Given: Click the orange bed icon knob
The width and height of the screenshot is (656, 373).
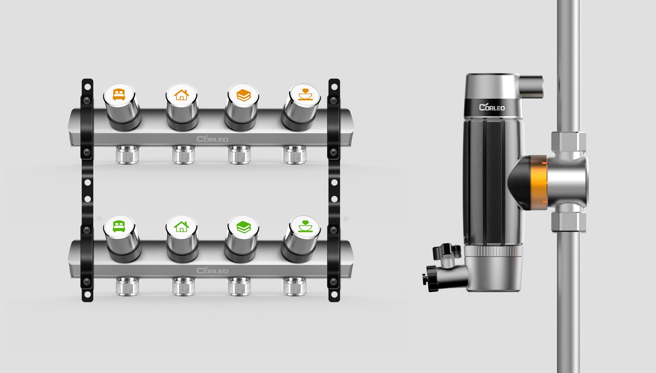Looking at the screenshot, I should tap(119, 94).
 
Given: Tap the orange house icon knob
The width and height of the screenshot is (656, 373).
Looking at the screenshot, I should tap(181, 94).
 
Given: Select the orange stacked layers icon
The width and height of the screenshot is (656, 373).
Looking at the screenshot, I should tap(243, 95).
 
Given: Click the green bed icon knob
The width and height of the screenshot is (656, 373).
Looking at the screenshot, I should tap(119, 226).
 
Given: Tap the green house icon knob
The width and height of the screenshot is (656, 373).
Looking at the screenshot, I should tap(181, 226).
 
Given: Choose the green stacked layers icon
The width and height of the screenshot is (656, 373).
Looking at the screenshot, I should tap(243, 227).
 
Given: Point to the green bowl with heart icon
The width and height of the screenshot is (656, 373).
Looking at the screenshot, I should tap(305, 226).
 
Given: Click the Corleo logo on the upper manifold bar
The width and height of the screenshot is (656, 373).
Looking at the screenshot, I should tap(212, 139).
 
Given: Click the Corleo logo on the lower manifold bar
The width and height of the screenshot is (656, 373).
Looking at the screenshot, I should tap(212, 270).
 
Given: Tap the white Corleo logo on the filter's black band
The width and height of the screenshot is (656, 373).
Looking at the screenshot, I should tap(492, 107).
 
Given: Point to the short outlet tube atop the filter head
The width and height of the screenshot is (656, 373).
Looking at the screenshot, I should tap(531, 86).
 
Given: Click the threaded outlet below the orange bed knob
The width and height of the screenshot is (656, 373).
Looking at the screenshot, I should tap(127, 155).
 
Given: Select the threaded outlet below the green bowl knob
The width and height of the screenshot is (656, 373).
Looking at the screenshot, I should tap(295, 286).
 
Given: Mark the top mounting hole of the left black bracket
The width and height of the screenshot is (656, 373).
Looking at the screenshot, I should tap(87, 87).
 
